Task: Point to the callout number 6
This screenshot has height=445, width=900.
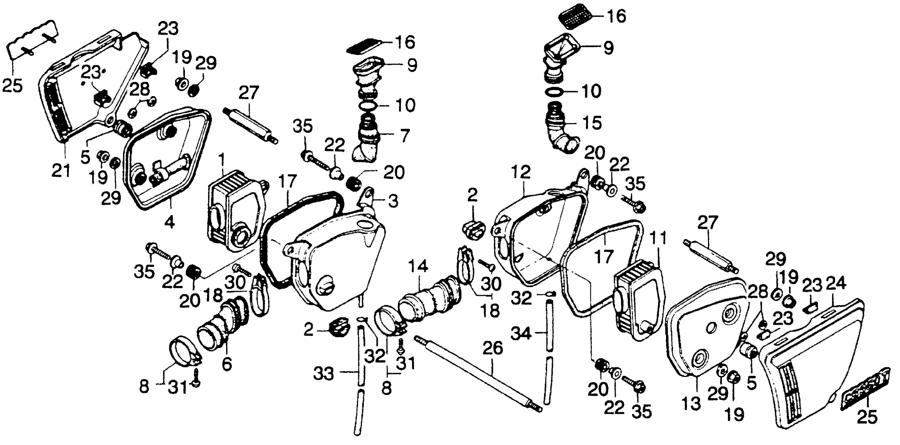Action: (227, 365)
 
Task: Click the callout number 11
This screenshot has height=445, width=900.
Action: (658, 238)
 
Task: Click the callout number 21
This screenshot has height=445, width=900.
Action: (61, 171)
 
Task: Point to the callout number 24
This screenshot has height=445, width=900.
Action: (836, 285)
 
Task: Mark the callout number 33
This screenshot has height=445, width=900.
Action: (326, 375)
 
